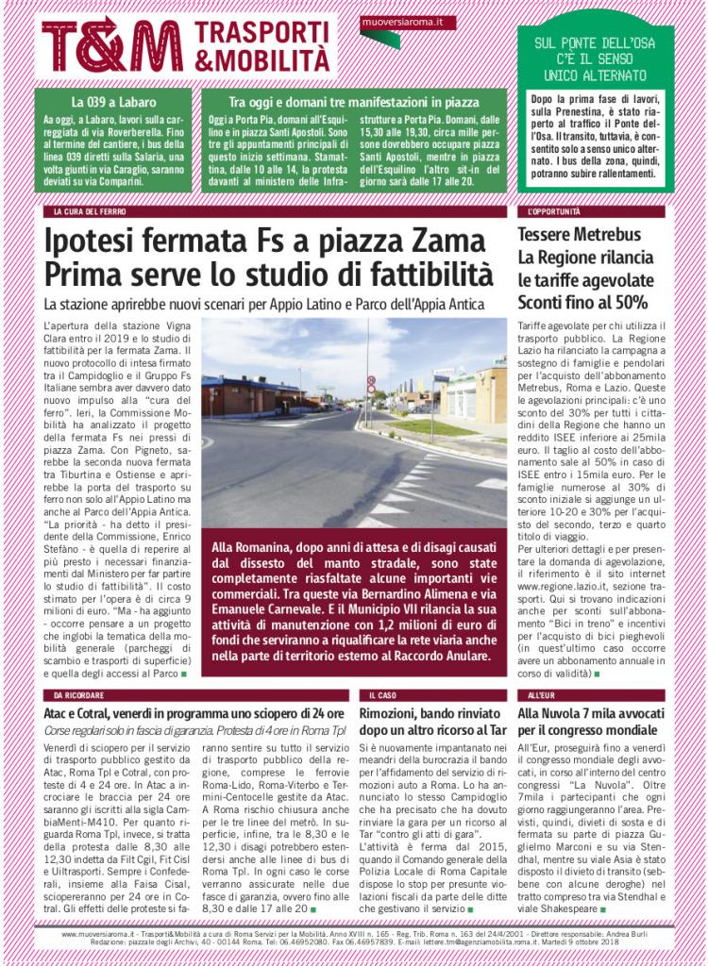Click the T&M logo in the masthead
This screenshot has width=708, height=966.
tap(112, 43)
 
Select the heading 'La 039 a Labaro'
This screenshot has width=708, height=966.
tap(112, 101)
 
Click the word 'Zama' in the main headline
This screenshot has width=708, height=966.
tap(450, 241)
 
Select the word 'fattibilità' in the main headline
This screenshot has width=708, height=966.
tap(421, 275)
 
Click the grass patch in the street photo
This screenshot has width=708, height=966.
tap(415, 426)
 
